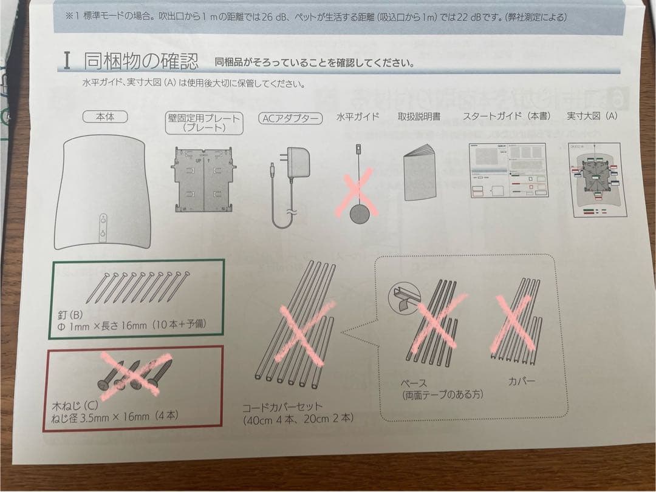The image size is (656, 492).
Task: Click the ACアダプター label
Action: point(290,118)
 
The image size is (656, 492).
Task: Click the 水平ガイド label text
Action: point(357,116)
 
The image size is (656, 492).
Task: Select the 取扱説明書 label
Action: point(419,116)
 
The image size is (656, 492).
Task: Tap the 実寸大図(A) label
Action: point(592,115)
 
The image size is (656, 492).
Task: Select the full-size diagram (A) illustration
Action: point(595,181)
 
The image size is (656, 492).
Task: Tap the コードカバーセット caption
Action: point(283,406)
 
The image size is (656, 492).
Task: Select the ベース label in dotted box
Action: point(414,383)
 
